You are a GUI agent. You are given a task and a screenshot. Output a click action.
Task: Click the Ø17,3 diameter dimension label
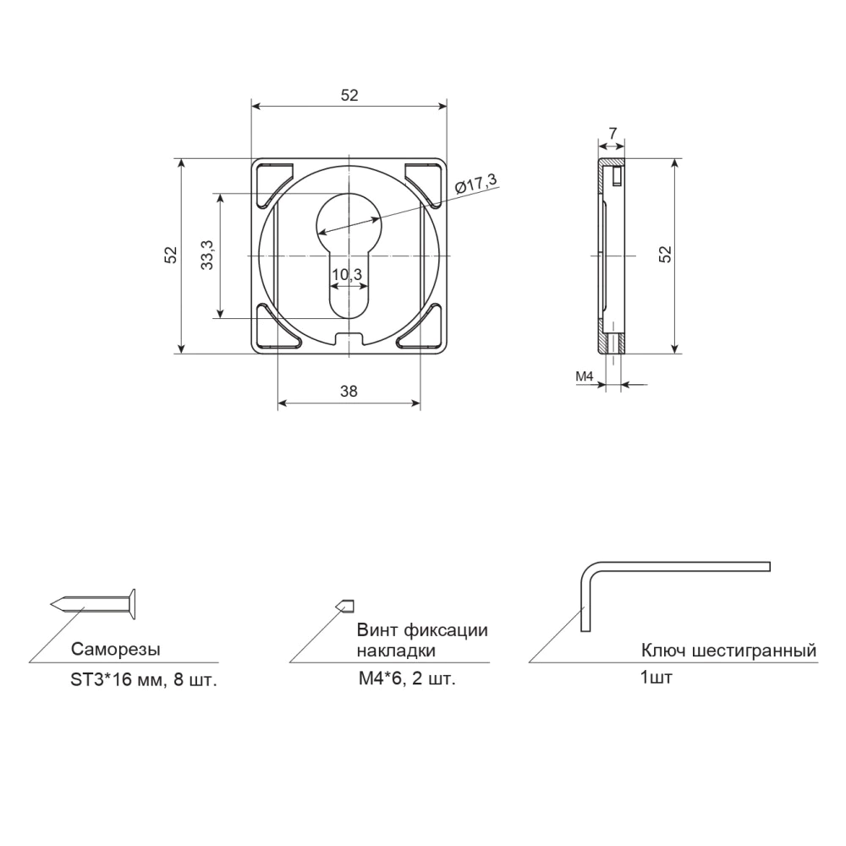pos(475,184)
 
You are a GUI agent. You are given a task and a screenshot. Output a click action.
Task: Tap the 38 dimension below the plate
pos(349,391)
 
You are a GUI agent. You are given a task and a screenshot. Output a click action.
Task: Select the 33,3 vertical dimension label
pos(207,255)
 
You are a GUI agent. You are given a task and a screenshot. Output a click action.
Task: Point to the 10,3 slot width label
pos(347,275)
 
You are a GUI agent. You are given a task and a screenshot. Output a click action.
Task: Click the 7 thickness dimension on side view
pos(613,133)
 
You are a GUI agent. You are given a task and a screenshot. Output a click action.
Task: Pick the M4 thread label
pos(585,376)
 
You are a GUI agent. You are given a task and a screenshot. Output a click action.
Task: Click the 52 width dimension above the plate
pos(349,95)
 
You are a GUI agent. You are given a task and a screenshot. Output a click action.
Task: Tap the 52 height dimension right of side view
pos(666,254)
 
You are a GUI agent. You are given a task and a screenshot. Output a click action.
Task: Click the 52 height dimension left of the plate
pos(171,255)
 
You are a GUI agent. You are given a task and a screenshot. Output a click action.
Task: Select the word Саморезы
pos(115,649)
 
